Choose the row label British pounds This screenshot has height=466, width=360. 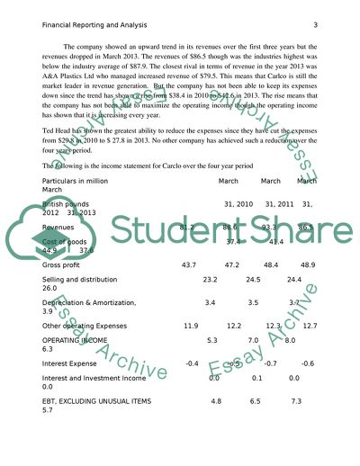pyautogui.click(x=66, y=204)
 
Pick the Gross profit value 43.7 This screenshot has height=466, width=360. pyautogui.click(x=189, y=266)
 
